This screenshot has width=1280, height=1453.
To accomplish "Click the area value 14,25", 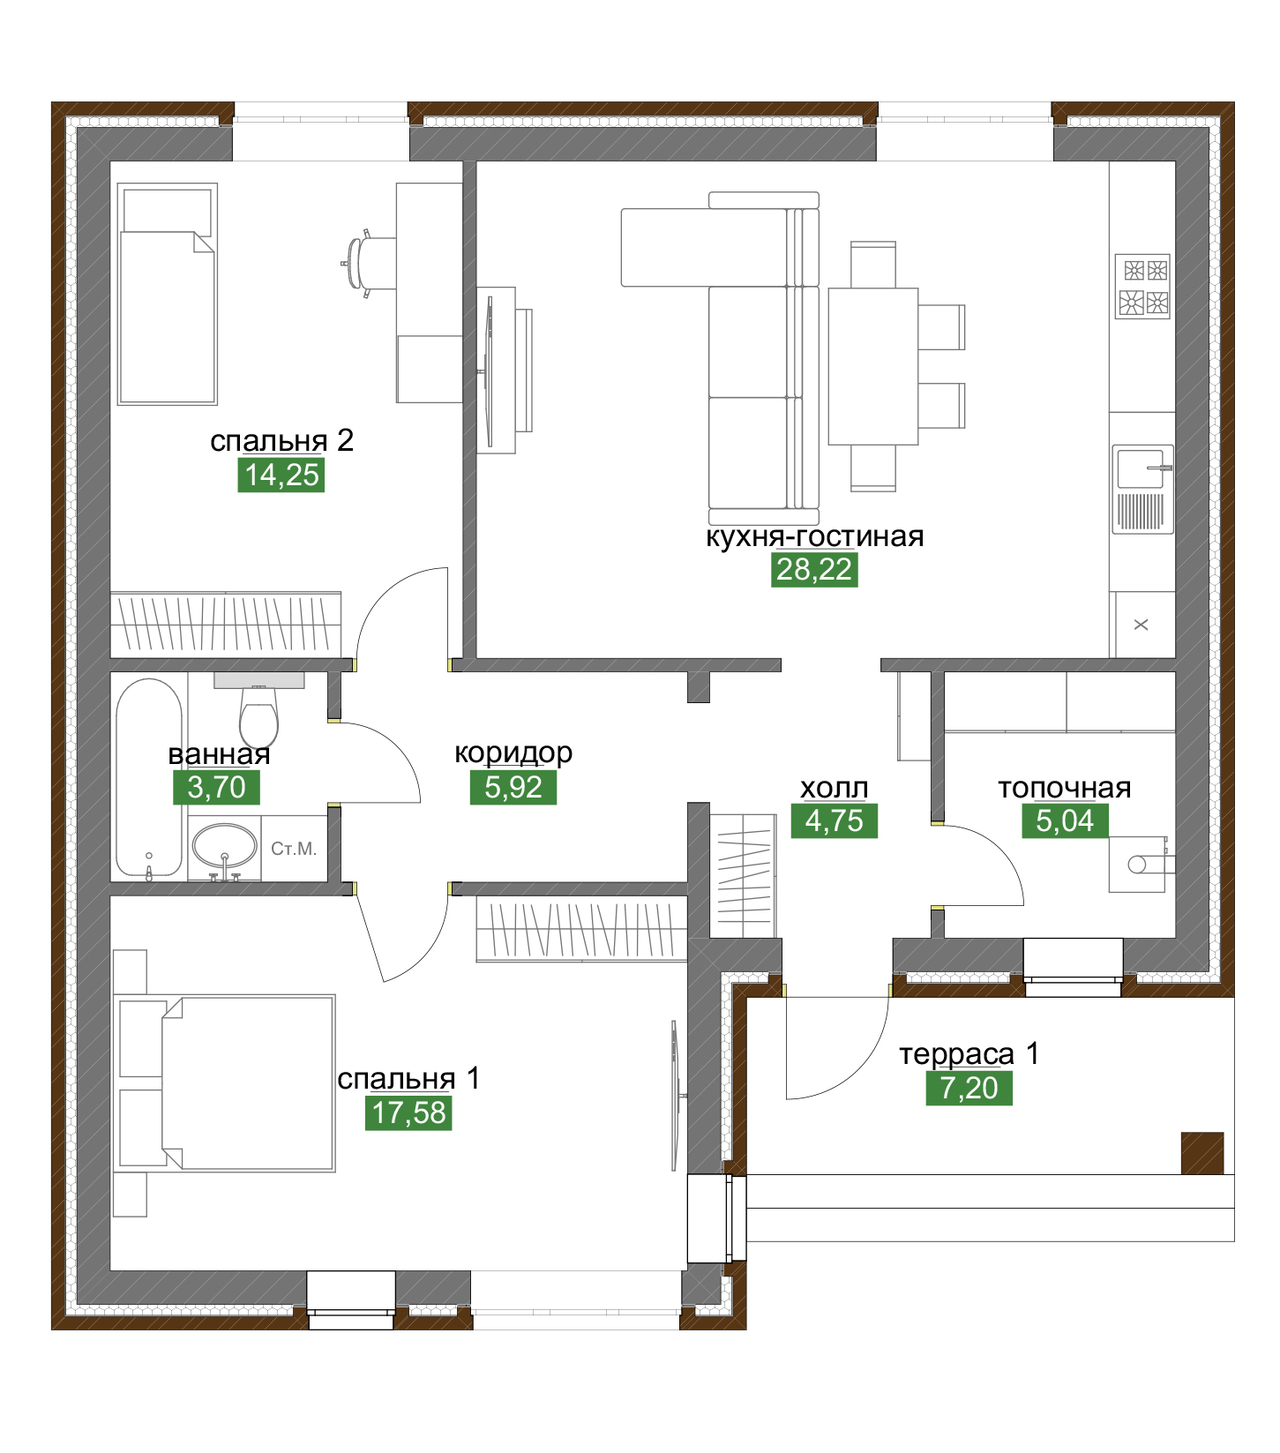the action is coord(281,475).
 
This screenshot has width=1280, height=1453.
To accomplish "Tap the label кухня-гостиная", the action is coord(814,536).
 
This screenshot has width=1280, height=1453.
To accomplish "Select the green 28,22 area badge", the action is coord(814,570).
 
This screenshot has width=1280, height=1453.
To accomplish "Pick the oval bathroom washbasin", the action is coord(224,848).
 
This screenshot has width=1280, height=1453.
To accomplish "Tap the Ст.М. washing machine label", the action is coord(294,849).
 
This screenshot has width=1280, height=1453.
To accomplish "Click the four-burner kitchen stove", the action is coord(1142,286).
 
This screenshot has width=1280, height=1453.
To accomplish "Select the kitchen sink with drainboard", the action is coord(1142,489).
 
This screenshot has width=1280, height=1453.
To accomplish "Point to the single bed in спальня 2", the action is coord(168,294).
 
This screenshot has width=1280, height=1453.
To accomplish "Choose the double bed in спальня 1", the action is coord(226,1083).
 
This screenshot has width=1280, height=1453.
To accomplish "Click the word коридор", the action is coord(513,753).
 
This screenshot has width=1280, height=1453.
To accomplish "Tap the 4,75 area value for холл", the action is coord(835,821).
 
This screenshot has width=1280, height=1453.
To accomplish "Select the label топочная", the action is coord(1065,788).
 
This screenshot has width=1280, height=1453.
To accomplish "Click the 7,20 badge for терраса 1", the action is coord(969,1089).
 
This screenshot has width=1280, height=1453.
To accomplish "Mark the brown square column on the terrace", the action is coord(1202,1153).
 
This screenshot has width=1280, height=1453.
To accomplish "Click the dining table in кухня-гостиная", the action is coord(872,366).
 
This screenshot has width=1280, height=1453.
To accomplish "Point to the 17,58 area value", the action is coord(408,1113).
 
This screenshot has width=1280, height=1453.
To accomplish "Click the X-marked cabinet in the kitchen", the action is coord(1142,625).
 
